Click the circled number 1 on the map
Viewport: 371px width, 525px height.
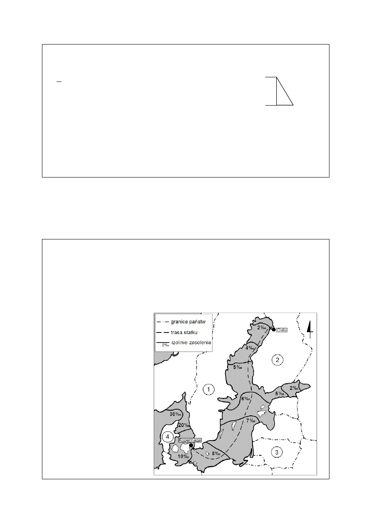[x=209, y=389]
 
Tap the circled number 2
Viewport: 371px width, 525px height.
[x=277, y=360]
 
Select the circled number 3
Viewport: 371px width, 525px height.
[x=277, y=452]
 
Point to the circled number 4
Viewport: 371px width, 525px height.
[x=167, y=436]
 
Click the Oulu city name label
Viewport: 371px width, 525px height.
[x=282, y=330]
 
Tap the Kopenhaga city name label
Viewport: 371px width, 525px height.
[x=190, y=440]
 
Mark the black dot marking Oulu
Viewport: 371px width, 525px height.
[x=273, y=330]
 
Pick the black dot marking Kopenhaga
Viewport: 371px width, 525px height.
[x=191, y=445]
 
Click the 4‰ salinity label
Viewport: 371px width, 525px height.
[x=250, y=348]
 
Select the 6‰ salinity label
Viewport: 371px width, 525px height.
[x=246, y=399]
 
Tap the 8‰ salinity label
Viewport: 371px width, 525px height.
[x=216, y=454]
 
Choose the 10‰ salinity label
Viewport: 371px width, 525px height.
[x=183, y=456]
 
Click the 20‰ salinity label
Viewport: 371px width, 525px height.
[x=184, y=425]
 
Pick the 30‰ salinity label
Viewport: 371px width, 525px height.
[x=175, y=414]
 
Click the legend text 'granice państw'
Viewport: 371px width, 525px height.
[x=188, y=322]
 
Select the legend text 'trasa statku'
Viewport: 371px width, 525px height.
[x=184, y=333]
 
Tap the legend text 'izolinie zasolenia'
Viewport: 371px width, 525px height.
[x=191, y=343]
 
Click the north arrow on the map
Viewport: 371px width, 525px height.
[x=310, y=330]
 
